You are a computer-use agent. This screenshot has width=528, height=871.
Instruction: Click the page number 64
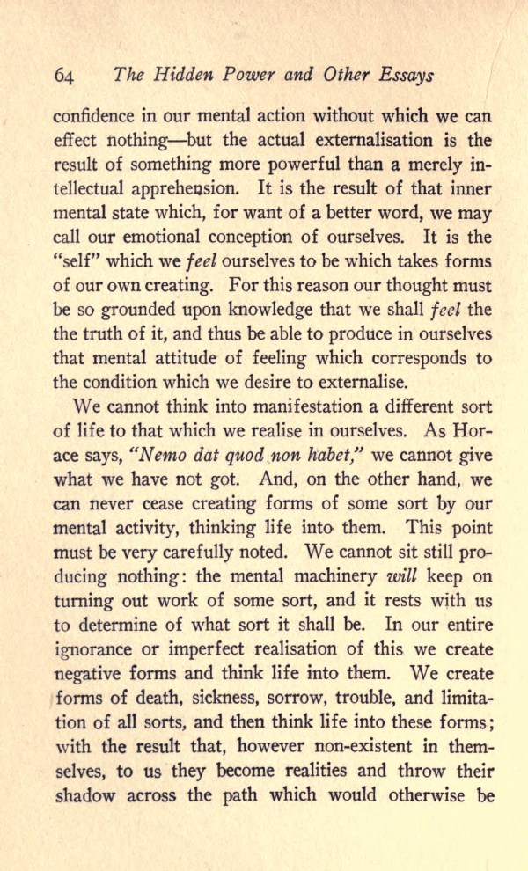pyautogui.click(x=65, y=76)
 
